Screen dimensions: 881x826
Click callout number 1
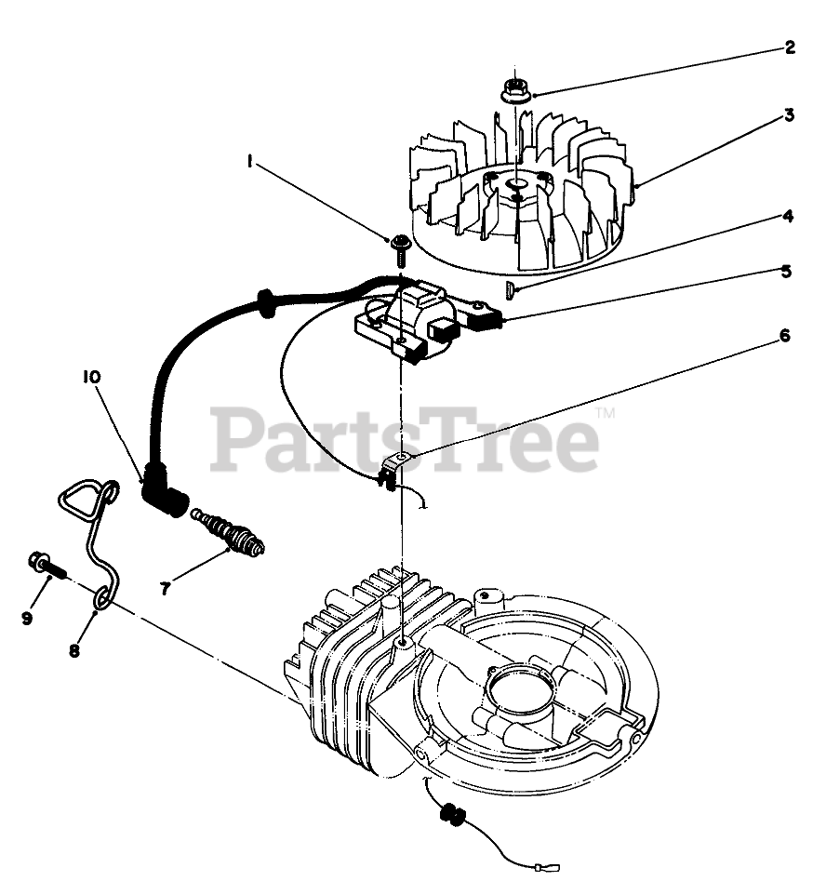point(250,161)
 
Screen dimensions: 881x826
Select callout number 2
point(789,47)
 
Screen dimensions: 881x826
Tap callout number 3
point(788,116)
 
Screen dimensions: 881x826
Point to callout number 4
point(787,217)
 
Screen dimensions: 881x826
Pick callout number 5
point(786,272)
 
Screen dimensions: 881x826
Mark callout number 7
point(165,588)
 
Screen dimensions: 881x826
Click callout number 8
point(73,649)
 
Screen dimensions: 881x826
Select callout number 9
point(27,617)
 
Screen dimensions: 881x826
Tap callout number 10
point(92,377)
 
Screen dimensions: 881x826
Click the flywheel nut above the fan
point(513,91)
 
